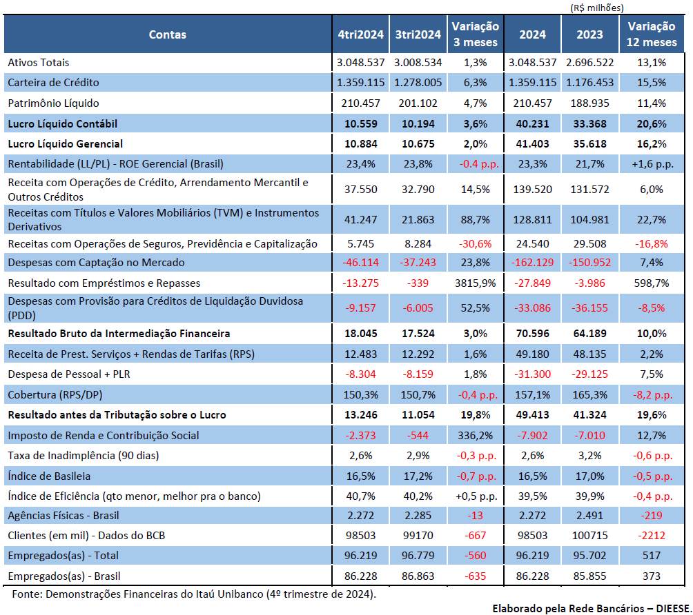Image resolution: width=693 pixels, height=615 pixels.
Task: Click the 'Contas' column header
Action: click(x=168, y=34)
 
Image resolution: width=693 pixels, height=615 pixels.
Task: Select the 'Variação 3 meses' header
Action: click(x=475, y=34)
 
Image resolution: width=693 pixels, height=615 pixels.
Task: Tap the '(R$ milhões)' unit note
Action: click(x=597, y=8)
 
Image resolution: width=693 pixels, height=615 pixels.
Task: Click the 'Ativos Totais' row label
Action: click(x=39, y=63)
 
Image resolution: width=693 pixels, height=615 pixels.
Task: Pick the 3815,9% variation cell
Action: click(x=475, y=283)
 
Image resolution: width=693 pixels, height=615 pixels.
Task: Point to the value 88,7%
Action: click(x=475, y=219)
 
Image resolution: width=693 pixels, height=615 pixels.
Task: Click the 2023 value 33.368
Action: click(x=589, y=124)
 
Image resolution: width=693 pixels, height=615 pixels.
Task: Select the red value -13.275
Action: click(x=360, y=283)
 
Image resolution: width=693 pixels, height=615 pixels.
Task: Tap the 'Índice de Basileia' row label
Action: click(x=49, y=476)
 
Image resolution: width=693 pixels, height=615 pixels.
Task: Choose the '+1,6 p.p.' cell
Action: click(x=652, y=164)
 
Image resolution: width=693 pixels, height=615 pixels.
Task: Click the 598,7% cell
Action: click(x=652, y=283)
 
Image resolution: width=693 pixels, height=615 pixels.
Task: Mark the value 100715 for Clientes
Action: click(x=589, y=536)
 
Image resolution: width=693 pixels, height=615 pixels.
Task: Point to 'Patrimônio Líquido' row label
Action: click(x=53, y=103)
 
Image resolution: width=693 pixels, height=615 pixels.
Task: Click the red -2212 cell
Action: click(x=652, y=536)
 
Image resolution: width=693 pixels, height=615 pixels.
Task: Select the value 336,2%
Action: click(x=475, y=436)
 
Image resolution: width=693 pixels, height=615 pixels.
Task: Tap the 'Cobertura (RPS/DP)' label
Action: click(x=55, y=395)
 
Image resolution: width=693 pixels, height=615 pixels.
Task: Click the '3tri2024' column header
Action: click(x=418, y=34)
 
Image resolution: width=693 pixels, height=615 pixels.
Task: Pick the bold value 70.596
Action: click(x=533, y=334)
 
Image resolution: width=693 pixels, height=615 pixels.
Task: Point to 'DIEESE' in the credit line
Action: click(x=673, y=609)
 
